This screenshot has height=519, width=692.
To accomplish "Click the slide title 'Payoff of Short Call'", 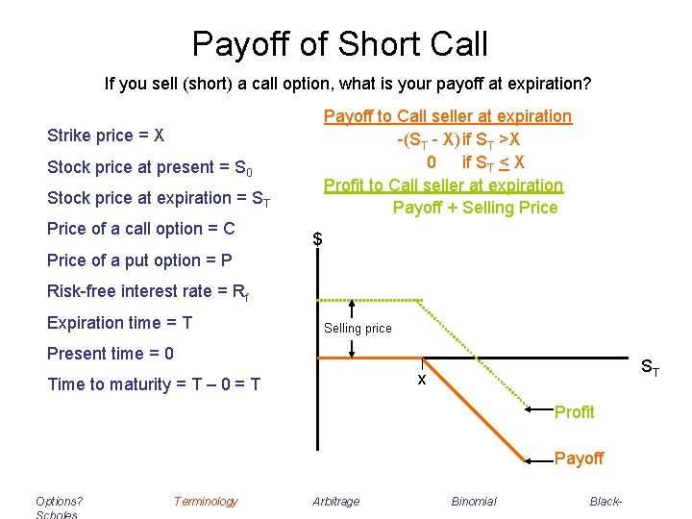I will coord(340,44).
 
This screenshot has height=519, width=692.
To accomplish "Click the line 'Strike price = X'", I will coord(106,136).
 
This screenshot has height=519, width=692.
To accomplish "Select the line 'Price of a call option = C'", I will coord(140,229).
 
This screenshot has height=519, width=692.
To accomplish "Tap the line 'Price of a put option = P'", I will coord(139,260).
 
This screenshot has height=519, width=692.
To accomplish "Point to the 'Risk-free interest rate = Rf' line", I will coord(148,291).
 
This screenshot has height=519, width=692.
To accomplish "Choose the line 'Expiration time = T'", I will coord(119,323).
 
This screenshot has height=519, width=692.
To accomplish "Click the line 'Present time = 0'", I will coord(111,354).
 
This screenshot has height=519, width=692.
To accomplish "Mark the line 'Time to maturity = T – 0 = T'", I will coord(154,384).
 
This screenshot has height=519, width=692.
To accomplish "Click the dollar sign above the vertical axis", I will coord(317,239).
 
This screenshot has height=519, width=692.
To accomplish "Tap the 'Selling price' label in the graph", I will coord(358,329).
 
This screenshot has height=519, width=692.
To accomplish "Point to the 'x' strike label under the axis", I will coord(421,380).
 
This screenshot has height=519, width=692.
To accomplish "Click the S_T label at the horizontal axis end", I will coord(651,366).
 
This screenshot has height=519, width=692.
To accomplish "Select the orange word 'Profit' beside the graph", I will coord(574,412).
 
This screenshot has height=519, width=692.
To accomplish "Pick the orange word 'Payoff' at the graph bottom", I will coord(579,458).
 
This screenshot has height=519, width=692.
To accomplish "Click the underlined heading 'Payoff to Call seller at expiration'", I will coord(447,116).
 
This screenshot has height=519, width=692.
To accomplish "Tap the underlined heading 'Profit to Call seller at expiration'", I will coord(443,185).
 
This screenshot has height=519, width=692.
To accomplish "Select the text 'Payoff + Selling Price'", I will coord(475,207).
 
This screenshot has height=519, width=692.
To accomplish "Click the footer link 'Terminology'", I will coord(205,501).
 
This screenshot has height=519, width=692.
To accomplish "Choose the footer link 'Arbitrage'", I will coord(336,501).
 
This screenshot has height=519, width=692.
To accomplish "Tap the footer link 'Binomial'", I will coord(474,501).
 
